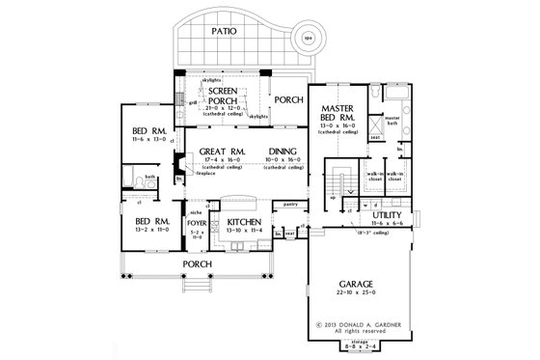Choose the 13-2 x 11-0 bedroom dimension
152,230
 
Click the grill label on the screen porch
191,100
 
